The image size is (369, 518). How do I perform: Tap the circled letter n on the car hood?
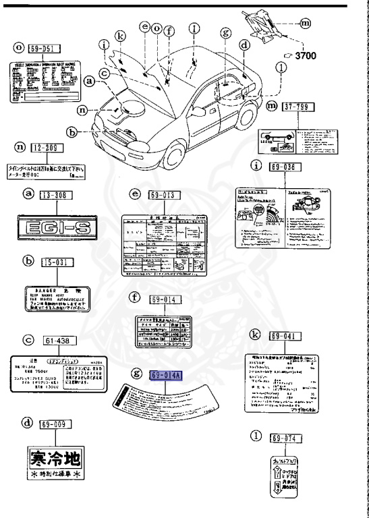[x=101, y=109]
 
